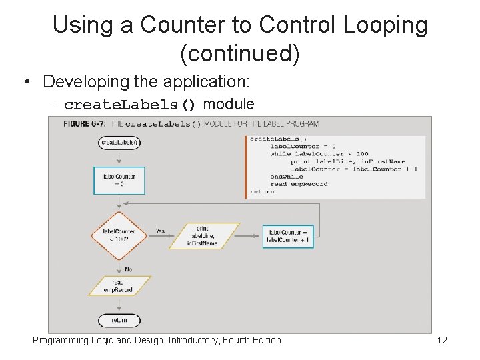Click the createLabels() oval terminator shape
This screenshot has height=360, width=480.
pos(119,142)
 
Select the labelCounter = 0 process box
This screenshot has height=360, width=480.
pos(119,181)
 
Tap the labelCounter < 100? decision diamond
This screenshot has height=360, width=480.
pos(119,236)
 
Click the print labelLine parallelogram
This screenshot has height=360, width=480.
pos(203,236)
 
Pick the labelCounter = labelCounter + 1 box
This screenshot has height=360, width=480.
pos(287,236)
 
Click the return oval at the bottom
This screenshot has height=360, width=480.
pos(119,320)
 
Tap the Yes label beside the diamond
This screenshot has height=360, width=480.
pos(160,231)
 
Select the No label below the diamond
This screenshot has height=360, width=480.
pos(128,269)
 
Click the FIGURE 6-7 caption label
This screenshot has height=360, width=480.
pos(86,124)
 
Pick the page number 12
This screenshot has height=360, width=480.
pos(441,341)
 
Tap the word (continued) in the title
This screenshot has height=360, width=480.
pos(240,53)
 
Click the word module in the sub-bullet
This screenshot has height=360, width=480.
pos(229,104)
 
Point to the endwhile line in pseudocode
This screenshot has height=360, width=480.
pos(285,176)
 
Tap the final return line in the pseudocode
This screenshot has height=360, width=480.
pos(262,191)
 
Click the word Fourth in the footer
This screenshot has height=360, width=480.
pos(237,341)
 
